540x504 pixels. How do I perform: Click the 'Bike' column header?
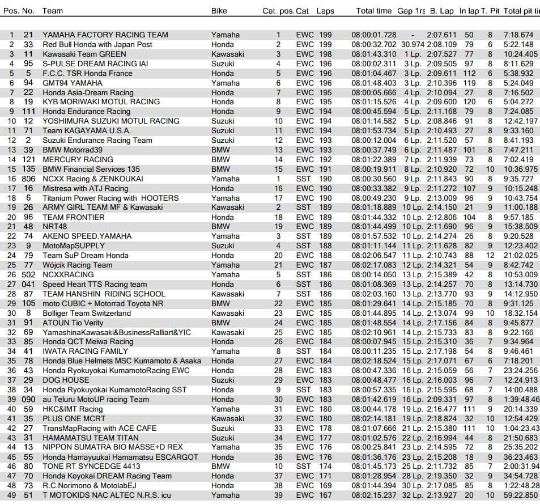pyautogui.click(x=219, y=10)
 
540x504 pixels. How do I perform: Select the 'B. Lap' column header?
pyautogui.click(x=442, y=10)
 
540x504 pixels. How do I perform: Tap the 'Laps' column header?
pyautogui.click(x=325, y=10)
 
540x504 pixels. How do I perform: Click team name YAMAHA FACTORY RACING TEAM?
pyautogui.click(x=105, y=35)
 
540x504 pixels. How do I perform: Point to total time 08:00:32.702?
pyautogui.click(x=374, y=44)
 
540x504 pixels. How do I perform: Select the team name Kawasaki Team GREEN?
pyautogui.click(x=84, y=54)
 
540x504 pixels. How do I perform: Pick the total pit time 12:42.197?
pyautogui.click(x=520, y=121)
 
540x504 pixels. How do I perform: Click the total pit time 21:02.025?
pyautogui.click(x=520, y=255)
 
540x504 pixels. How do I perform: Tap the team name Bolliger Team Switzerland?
pyautogui.click(x=87, y=313)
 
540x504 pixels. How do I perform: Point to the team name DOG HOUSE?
pyautogui.click(x=66, y=380)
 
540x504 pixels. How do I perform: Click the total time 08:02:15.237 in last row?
pyautogui.click(x=374, y=495)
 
